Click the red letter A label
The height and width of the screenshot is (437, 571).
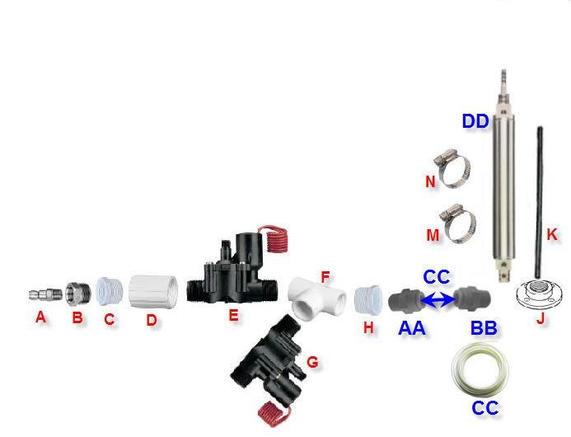40,317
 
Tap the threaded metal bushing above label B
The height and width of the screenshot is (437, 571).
77,292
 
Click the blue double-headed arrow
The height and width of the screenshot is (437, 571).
438,299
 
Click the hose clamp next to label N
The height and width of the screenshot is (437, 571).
453,171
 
